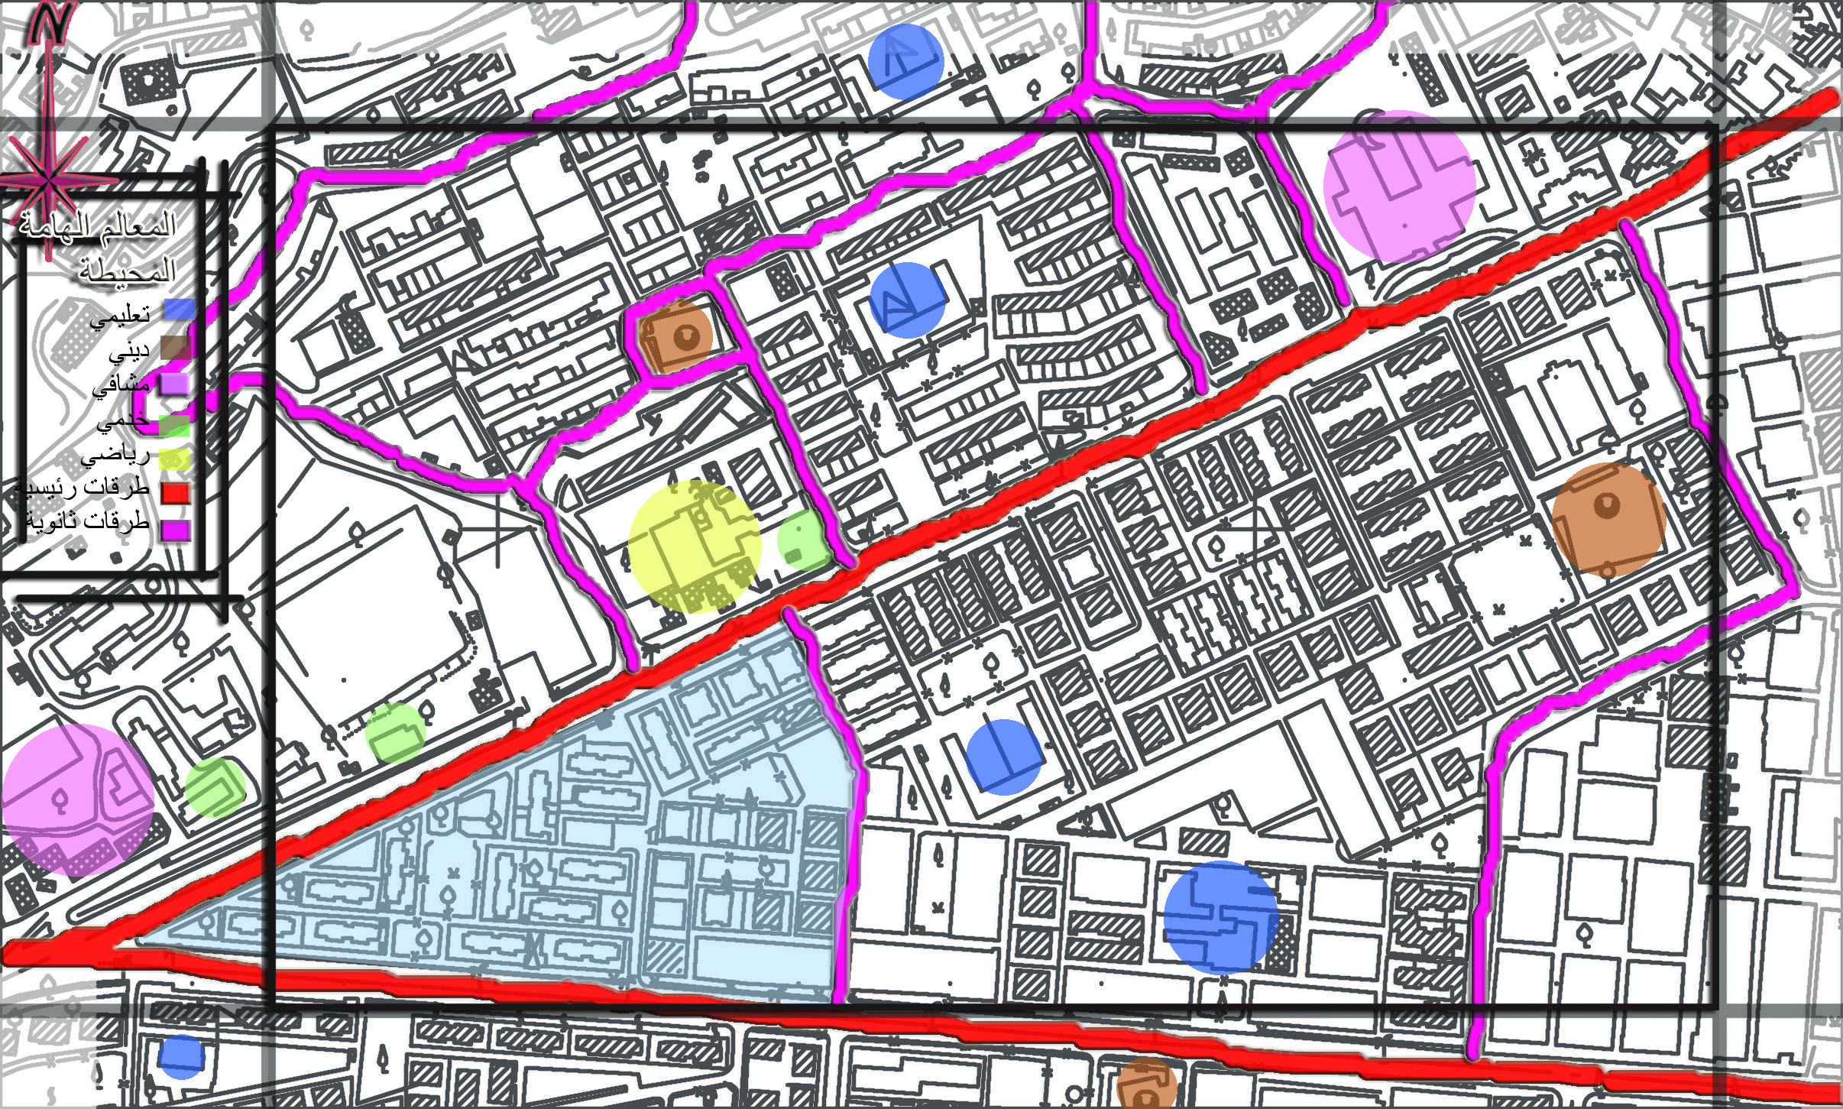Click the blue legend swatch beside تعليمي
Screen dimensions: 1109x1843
coord(177,310)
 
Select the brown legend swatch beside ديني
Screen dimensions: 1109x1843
coord(175,349)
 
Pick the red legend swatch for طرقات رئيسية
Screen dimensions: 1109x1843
coord(175,492)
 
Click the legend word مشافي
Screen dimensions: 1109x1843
coord(121,385)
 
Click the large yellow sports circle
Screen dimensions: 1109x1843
coord(695,546)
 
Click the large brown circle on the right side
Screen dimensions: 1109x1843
coord(1608,519)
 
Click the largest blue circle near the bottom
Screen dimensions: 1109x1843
coord(1220,918)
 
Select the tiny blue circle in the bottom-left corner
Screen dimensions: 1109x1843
coord(182,1057)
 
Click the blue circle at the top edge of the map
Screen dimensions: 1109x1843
coord(906,61)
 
